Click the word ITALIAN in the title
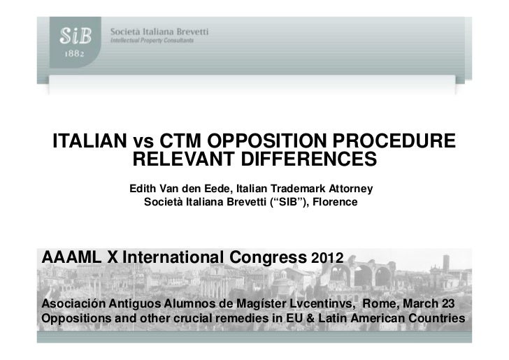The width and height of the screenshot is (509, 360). coord(92,140)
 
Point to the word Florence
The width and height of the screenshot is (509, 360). coord(335,202)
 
